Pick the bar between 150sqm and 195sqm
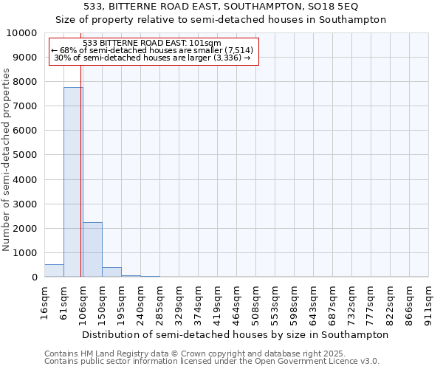click(x=111, y=272)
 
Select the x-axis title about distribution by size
click(x=236, y=334)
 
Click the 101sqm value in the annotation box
click(x=206, y=44)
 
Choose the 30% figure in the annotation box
click(x=61, y=58)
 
